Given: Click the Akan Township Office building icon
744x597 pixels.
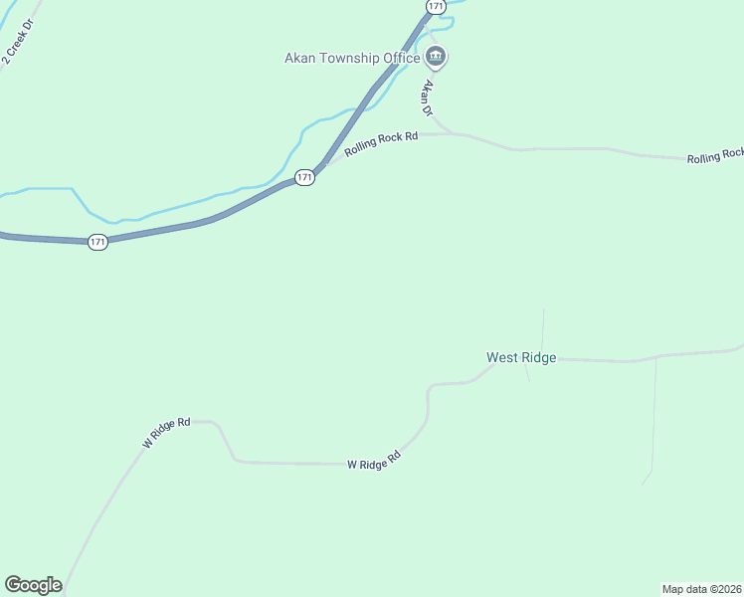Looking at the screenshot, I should (436, 57).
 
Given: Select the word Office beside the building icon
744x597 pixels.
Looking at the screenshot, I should (401, 58).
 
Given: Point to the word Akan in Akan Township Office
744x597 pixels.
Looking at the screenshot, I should (300, 58).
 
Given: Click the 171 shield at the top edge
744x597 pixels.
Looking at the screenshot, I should (435, 6).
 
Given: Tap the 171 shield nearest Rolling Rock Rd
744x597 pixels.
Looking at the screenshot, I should (304, 177).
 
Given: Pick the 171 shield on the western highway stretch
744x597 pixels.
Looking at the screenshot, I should (96, 242).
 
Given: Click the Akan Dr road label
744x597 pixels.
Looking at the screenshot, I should (429, 99).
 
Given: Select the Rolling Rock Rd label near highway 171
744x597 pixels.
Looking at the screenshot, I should (381, 145).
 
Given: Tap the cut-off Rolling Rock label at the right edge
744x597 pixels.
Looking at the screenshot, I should (714, 155).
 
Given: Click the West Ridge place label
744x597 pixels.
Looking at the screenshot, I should (520, 357).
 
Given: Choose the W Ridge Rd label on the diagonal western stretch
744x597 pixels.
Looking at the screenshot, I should (166, 433).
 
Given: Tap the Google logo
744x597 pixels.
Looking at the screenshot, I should (33, 584).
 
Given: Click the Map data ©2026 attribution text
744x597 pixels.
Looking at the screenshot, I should (701, 588).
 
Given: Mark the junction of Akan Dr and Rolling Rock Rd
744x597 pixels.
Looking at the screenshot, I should (454, 132).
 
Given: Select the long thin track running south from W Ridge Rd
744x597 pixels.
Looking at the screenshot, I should (653, 418).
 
